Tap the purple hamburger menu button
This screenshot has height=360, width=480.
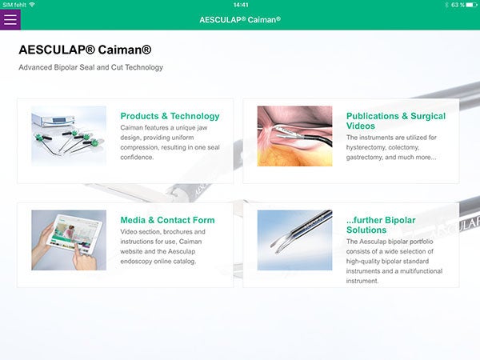10,19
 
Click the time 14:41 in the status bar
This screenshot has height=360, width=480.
241,5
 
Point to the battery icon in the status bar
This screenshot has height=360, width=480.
471,5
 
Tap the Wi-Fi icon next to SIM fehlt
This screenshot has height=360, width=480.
32,5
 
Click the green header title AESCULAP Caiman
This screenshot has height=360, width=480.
240,20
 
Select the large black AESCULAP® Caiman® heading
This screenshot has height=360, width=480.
85,50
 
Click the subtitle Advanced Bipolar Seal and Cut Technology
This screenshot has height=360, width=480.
91,67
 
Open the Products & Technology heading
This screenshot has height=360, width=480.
170,116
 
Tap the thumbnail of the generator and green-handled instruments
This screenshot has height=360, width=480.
69,136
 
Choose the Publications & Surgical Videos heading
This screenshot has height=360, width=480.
396,121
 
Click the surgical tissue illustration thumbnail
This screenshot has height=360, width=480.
294,136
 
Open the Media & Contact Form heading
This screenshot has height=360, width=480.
167,220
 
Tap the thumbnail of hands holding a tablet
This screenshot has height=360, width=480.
69,240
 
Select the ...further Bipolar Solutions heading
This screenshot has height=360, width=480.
381,225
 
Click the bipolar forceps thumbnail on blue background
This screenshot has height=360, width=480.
294,240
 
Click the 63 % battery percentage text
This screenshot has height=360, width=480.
458,5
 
